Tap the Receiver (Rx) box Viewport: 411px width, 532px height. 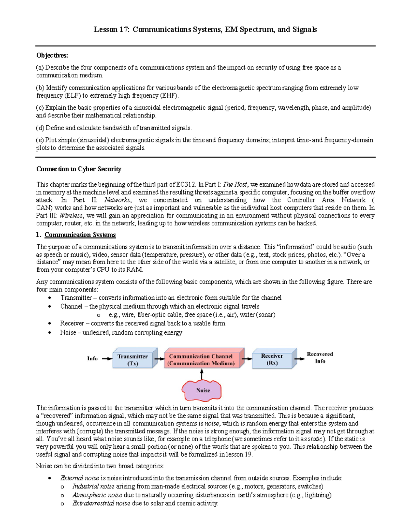coord(272,359)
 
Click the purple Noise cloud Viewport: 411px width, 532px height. coord(202,390)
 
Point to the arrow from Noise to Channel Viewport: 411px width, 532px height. coord(202,374)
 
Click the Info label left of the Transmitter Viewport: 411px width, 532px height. coord(92,358)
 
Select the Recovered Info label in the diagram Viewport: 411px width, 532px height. coord(320,358)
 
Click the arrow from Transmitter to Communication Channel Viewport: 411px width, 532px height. coord(159,359)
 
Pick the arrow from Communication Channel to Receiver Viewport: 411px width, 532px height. coord(247,359)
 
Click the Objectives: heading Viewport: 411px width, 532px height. coord(52,55)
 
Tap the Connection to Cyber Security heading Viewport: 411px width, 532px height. coord(79,169)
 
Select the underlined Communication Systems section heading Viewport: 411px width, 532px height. coord(80,235)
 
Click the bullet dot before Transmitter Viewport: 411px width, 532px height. coord(50,298)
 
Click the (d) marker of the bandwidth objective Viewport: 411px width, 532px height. coord(40,128)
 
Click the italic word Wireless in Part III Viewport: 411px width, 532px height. coord(71,215)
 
